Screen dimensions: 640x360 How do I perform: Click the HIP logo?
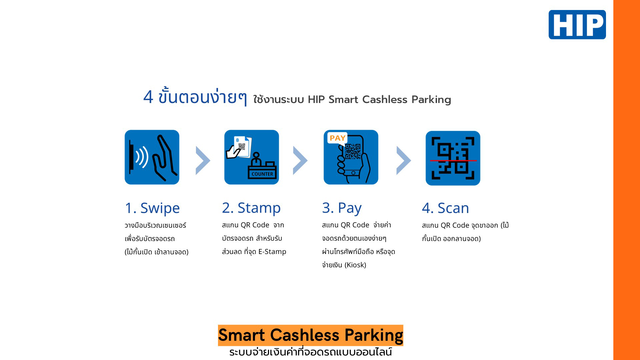577,25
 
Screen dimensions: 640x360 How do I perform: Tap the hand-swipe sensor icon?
152,157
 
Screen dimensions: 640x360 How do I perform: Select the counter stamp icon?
252,157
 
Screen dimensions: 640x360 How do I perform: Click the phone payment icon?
351,157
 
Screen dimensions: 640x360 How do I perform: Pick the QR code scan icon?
453,158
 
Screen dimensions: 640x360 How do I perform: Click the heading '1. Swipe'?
152,208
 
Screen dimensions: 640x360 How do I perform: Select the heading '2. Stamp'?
251,208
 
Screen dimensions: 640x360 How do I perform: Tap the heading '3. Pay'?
342,208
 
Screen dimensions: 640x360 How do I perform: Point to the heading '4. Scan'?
445,208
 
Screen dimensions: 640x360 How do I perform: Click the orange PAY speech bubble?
337,138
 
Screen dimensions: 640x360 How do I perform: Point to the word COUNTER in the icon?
262,174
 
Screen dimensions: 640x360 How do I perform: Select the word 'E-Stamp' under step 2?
272,252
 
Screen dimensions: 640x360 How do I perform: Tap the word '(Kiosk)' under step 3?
355,265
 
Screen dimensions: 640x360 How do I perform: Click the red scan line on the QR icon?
453,161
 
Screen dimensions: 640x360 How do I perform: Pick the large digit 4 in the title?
148,97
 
